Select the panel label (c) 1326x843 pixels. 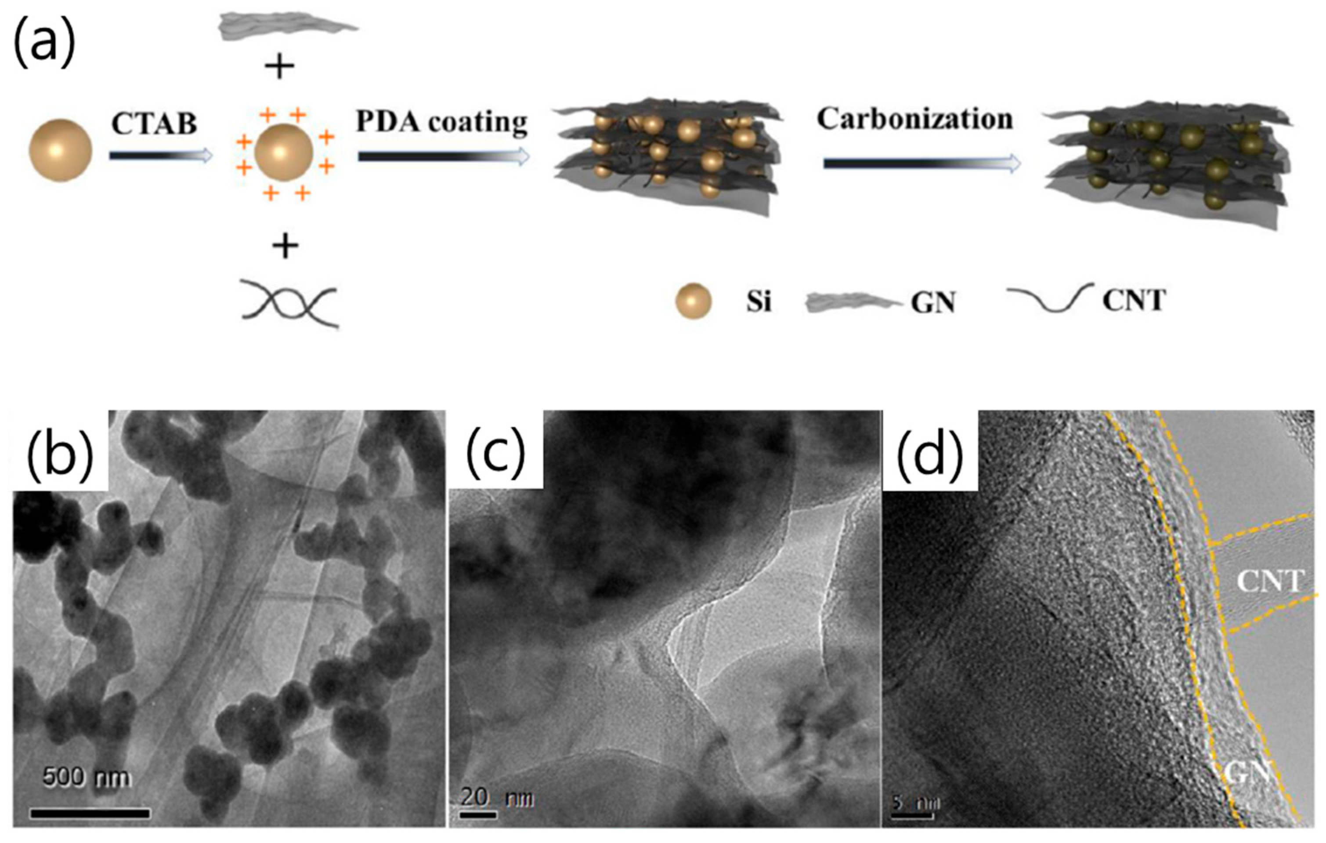495,450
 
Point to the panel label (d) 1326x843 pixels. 930,450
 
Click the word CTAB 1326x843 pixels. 154,124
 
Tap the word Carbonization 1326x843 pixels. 914,119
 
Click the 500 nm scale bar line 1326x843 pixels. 90,813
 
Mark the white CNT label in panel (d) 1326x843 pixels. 1269,581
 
